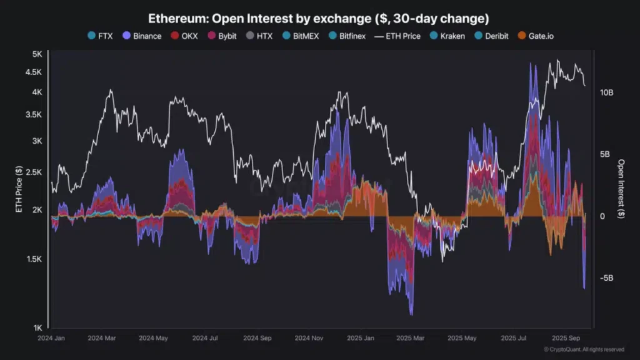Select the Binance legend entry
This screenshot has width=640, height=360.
pos(142,36)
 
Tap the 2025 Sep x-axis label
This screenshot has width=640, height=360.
pos(566,338)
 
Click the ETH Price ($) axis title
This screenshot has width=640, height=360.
pos(19,190)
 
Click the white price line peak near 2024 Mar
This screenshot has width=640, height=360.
pos(111,90)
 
